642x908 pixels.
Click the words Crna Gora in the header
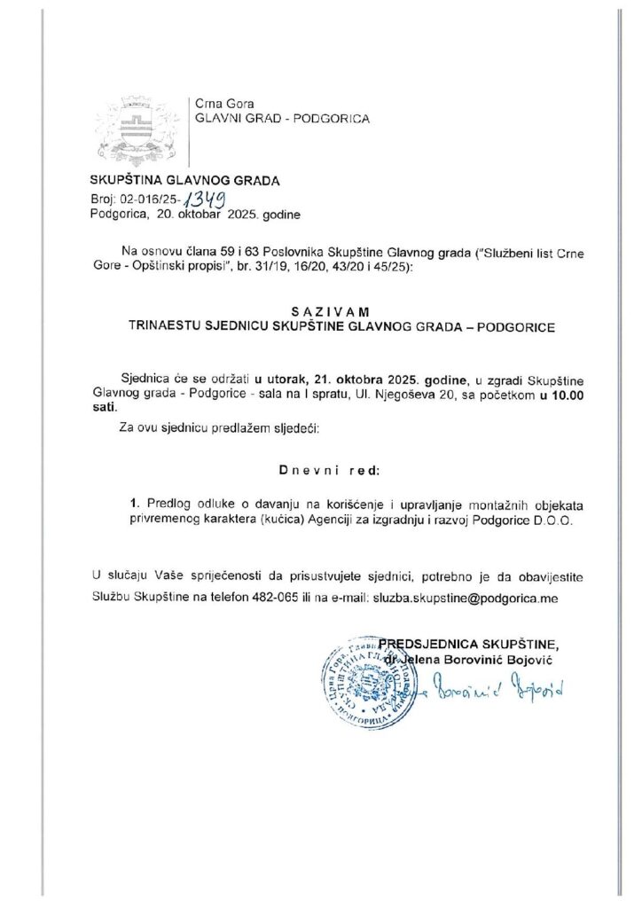[x=219, y=102]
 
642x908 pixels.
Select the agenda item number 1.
[x=133, y=503]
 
